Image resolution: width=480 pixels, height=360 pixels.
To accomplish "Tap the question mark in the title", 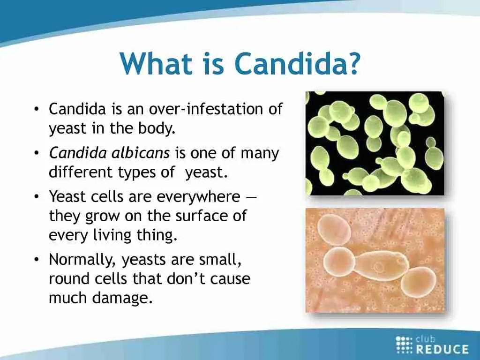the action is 353,63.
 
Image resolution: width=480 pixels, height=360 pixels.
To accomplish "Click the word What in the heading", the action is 157,63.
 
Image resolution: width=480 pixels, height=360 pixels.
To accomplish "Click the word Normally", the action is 82,260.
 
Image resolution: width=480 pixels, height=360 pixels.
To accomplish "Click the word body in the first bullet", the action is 157,128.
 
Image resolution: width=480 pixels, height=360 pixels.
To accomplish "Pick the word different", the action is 81,172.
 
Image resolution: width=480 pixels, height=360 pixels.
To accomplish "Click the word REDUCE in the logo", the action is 442,349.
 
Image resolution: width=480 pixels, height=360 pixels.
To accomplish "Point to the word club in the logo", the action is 426,339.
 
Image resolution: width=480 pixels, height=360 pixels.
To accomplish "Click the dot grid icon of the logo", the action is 404,345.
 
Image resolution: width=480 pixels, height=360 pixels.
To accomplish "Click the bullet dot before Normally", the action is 37,260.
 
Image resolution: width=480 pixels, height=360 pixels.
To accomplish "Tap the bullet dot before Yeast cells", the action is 37,197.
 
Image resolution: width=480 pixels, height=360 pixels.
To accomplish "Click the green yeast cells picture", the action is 375,143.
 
